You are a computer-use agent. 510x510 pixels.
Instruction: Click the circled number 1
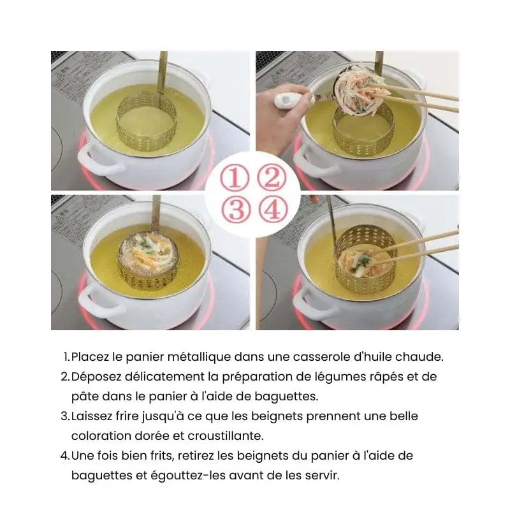[235, 178]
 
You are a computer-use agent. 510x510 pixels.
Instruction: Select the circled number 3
[237, 208]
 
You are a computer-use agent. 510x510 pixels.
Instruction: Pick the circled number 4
[273, 208]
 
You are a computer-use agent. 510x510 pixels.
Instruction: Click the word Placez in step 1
[90, 357]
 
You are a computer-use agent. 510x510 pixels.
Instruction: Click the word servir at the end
[323, 476]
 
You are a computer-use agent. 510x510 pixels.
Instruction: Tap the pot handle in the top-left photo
[98, 160]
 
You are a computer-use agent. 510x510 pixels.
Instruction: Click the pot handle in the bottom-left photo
[98, 302]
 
